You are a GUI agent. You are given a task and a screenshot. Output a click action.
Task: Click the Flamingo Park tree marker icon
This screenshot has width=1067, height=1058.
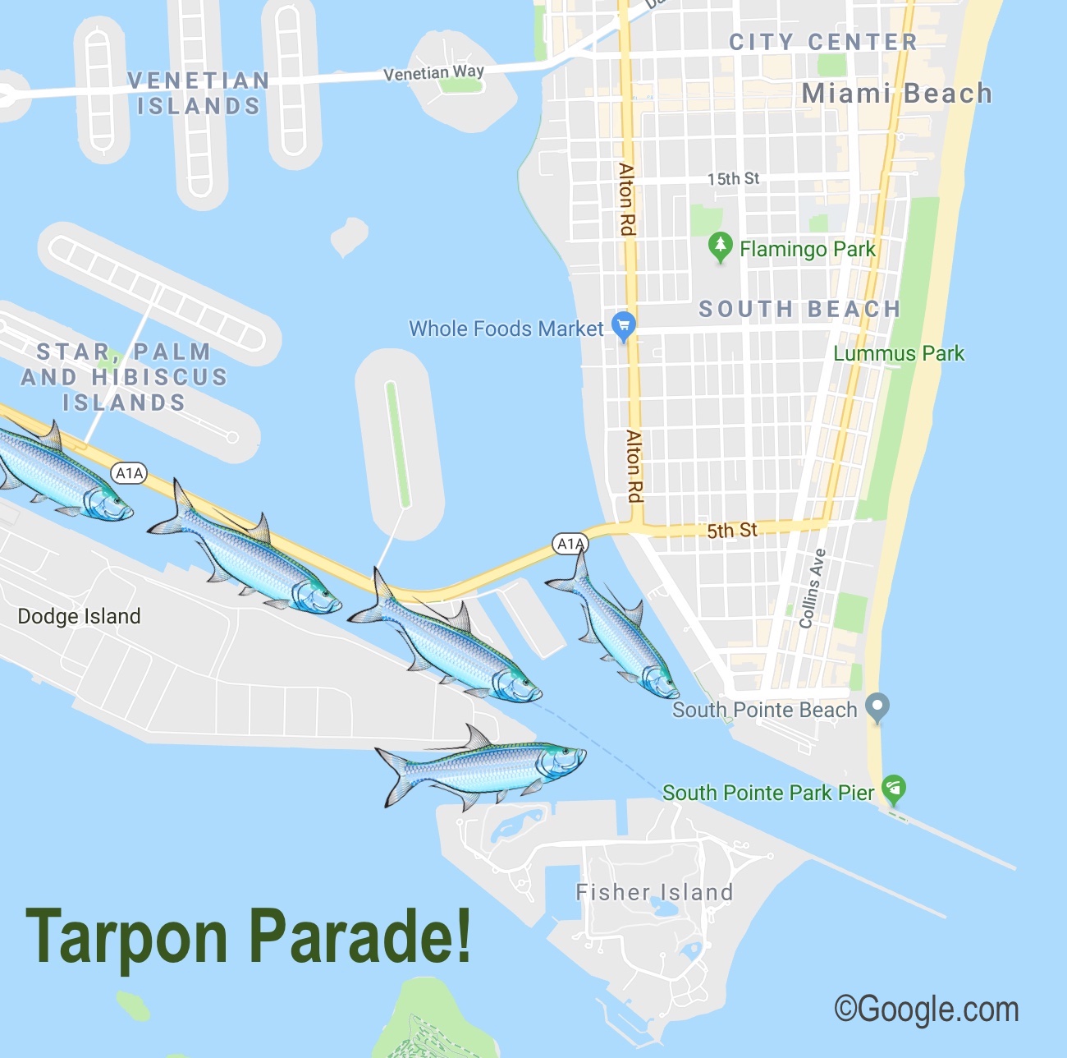tap(720, 246)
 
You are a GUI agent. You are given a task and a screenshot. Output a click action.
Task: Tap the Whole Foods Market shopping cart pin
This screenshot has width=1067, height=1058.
tap(624, 325)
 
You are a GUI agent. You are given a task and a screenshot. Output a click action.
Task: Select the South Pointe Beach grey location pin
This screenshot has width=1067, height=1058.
tap(877, 707)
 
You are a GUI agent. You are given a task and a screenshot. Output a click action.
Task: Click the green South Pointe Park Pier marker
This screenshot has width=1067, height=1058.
tap(893, 789)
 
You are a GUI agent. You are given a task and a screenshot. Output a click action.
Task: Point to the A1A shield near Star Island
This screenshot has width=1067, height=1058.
tap(129, 473)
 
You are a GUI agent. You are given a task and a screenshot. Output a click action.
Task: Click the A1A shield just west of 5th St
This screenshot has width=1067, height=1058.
tap(570, 544)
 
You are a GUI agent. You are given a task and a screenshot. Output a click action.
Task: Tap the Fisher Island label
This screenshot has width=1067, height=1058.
tap(654, 892)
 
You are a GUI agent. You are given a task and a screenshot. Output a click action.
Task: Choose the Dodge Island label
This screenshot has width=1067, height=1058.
tap(79, 616)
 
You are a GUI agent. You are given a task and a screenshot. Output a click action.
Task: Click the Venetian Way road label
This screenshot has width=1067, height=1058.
tap(433, 73)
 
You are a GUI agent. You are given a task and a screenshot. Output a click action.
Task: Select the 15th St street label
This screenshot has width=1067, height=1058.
tap(733, 179)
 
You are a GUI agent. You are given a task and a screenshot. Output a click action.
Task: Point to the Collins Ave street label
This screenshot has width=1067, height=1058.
tap(812, 588)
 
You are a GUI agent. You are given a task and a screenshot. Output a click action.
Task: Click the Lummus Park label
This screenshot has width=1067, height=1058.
tap(899, 354)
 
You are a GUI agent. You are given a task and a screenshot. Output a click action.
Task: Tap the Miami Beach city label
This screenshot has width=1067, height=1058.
tap(896, 94)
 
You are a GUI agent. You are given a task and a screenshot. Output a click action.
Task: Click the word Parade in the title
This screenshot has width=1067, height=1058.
tap(360, 936)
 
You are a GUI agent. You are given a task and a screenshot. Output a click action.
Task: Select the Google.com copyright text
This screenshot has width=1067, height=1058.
tap(927, 1008)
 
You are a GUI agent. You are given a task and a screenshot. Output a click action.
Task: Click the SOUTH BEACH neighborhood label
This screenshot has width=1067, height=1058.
tap(799, 309)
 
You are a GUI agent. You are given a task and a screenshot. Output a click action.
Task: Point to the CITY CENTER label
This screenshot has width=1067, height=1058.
tap(822, 42)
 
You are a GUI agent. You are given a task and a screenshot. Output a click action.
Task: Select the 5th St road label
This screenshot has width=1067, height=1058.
tap(732, 531)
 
